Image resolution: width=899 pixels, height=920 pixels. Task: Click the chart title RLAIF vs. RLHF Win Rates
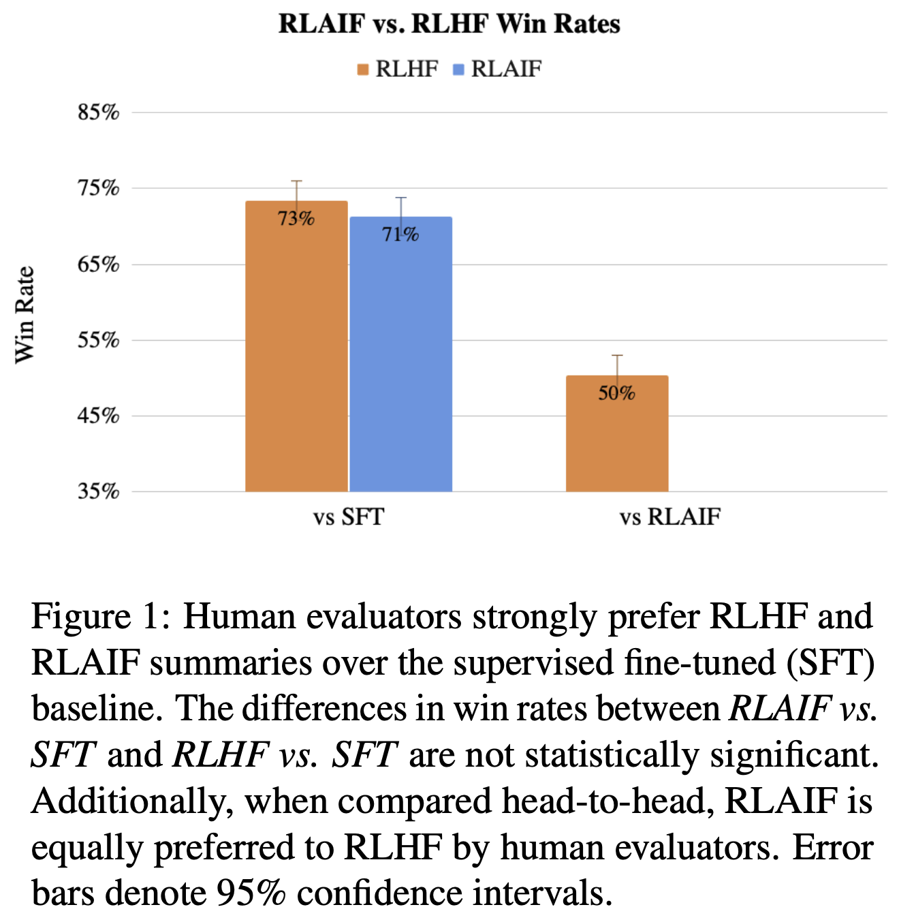pyautogui.click(x=449, y=24)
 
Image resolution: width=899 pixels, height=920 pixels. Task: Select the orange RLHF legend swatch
pyautogui.click(x=363, y=70)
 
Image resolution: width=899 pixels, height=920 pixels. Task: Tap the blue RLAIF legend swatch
pyautogui.click(x=458, y=70)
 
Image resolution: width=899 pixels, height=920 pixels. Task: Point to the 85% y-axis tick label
pyautogui.click(x=99, y=112)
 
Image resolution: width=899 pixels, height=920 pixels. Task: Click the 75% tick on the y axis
pyautogui.click(x=99, y=188)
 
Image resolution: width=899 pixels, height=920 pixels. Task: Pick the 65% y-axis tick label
pyautogui.click(x=99, y=264)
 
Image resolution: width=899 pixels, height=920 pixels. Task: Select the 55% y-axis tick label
pyautogui.click(x=99, y=340)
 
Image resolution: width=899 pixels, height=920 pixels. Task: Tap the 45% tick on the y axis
pyautogui.click(x=99, y=416)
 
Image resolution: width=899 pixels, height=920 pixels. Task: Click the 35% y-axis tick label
pyautogui.click(x=99, y=491)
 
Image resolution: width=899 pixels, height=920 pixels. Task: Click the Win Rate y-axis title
pyautogui.click(x=25, y=315)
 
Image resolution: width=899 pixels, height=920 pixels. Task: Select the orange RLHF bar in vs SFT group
pyautogui.click(x=296, y=354)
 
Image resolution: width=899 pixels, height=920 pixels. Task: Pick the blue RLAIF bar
pyautogui.click(x=401, y=361)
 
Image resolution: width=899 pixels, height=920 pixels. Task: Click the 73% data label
pyautogui.click(x=296, y=219)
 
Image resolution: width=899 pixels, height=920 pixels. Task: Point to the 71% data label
pyautogui.click(x=400, y=235)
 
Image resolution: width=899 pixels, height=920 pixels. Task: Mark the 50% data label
pyautogui.click(x=617, y=393)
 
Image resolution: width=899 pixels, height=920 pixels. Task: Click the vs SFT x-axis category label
pyautogui.click(x=349, y=517)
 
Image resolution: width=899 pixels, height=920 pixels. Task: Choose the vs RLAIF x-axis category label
pyautogui.click(x=669, y=517)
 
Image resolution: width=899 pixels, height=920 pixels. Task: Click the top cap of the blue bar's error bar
pyautogui.click(x=401, y=198)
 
